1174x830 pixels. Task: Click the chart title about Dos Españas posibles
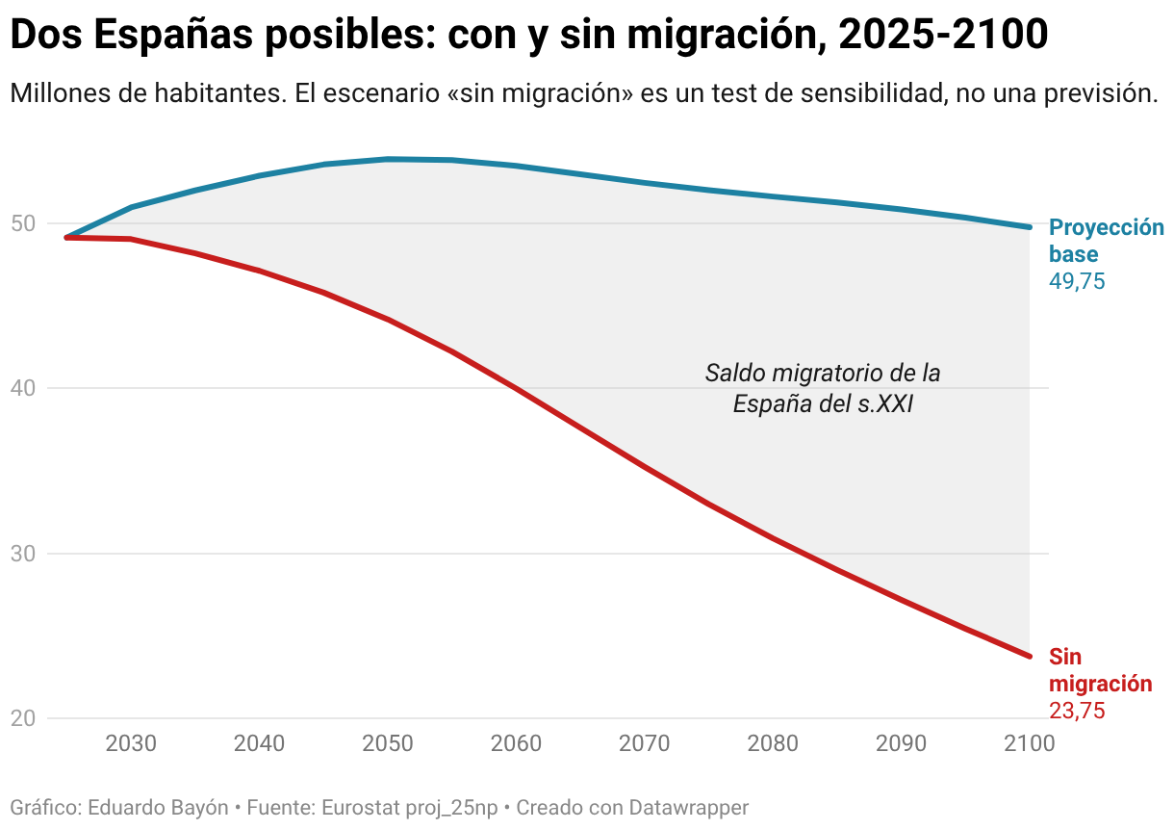pos(527,36)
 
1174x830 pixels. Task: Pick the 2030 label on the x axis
pos(131,743)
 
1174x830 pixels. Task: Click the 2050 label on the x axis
pos(388,743)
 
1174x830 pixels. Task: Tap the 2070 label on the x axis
pos(645,743)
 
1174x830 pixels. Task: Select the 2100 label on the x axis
pos(1030,743)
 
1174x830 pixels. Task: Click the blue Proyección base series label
pos(1106,241)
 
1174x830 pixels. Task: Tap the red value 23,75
pos(1077,712)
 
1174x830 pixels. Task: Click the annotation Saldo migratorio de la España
pos(823,388)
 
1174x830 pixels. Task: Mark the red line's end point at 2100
pos(1030,657)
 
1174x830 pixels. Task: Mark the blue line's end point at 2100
pos(1030,227)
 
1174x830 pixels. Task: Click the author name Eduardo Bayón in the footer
pos(158,808)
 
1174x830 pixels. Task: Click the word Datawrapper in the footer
pos(688,808)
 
